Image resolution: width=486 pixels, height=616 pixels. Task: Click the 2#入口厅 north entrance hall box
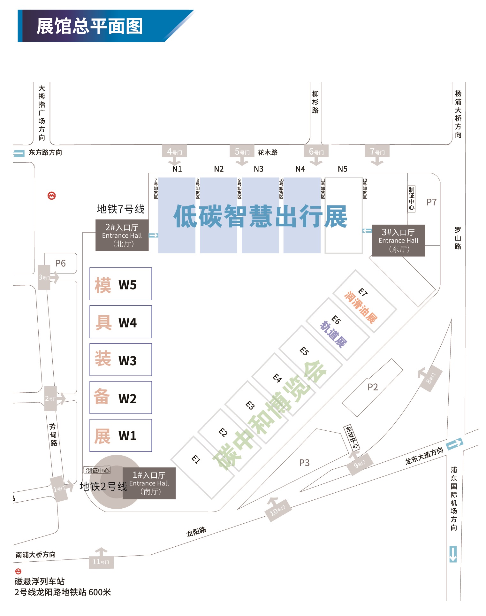(x=122, y=235)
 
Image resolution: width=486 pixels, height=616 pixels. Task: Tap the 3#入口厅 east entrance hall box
(x=398, y=240)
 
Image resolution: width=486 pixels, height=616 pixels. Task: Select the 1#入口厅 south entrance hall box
(x=149, y=483)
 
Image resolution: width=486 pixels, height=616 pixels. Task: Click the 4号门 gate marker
(x=174, y=151)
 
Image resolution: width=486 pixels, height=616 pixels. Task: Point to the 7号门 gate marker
(x=377, y=151)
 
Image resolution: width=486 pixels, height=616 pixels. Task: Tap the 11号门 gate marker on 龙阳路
(x=101, y=561)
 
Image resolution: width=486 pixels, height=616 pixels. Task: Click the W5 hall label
(x=127, y=285)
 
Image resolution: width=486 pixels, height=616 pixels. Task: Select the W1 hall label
(x=127, y=436)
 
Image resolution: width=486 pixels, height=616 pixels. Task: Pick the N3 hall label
(x=259, y=169)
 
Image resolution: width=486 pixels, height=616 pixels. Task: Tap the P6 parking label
(x=60, y=263)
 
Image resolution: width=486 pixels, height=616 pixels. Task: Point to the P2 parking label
(x=373, y=387)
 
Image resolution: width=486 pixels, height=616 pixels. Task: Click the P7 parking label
(x=431, y=202)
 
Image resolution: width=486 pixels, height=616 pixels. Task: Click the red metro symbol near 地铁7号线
(x=52, y=196)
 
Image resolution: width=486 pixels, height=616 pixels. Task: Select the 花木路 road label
(x=268, y=152)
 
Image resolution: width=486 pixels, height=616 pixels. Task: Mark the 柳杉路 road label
(x=315, y=102)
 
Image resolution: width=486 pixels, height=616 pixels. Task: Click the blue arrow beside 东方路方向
(x=19, y=154)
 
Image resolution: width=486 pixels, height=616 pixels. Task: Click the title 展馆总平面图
(x=89, y=26)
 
